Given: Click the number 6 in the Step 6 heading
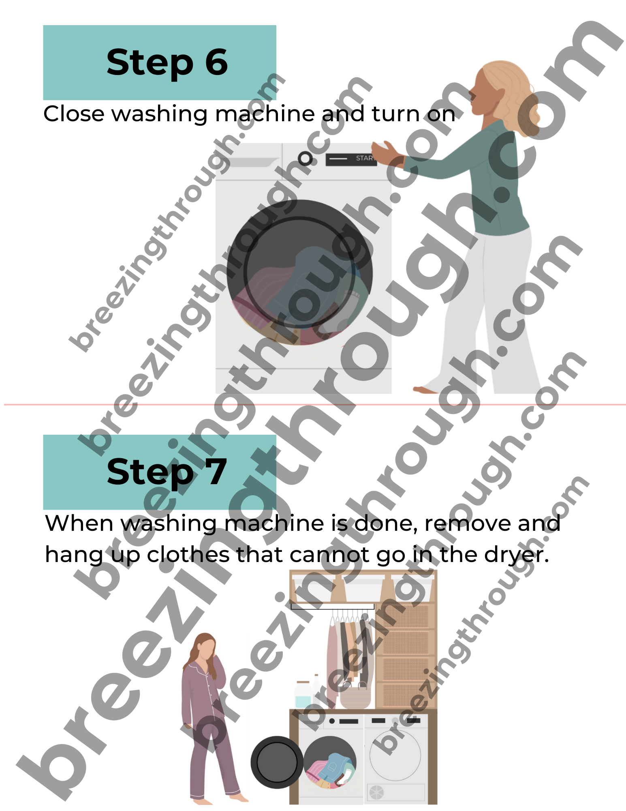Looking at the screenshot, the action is [x=217, y=62].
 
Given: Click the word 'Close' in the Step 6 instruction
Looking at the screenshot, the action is [x=74, y=114].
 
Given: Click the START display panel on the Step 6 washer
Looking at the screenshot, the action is [x=351, y=159].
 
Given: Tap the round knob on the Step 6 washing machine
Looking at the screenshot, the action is [x=306, y=159].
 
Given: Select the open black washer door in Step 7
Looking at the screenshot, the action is [x=277, y=762].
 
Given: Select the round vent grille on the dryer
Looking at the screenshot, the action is [x=377, y=792].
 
